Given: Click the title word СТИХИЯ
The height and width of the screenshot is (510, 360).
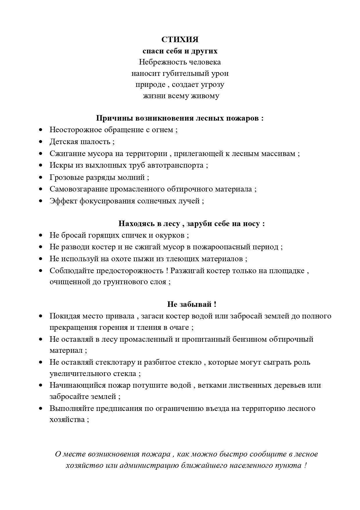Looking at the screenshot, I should click(x=180, y=39).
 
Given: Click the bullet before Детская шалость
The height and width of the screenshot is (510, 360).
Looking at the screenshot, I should click(x=41, y=142).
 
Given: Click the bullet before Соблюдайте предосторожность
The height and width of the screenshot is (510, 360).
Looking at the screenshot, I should click(x=41, y=271).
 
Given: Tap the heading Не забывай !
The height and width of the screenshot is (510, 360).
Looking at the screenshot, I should click(x=192, y=304).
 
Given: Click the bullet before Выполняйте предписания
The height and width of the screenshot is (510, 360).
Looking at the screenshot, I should click(x=41, y=408).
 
